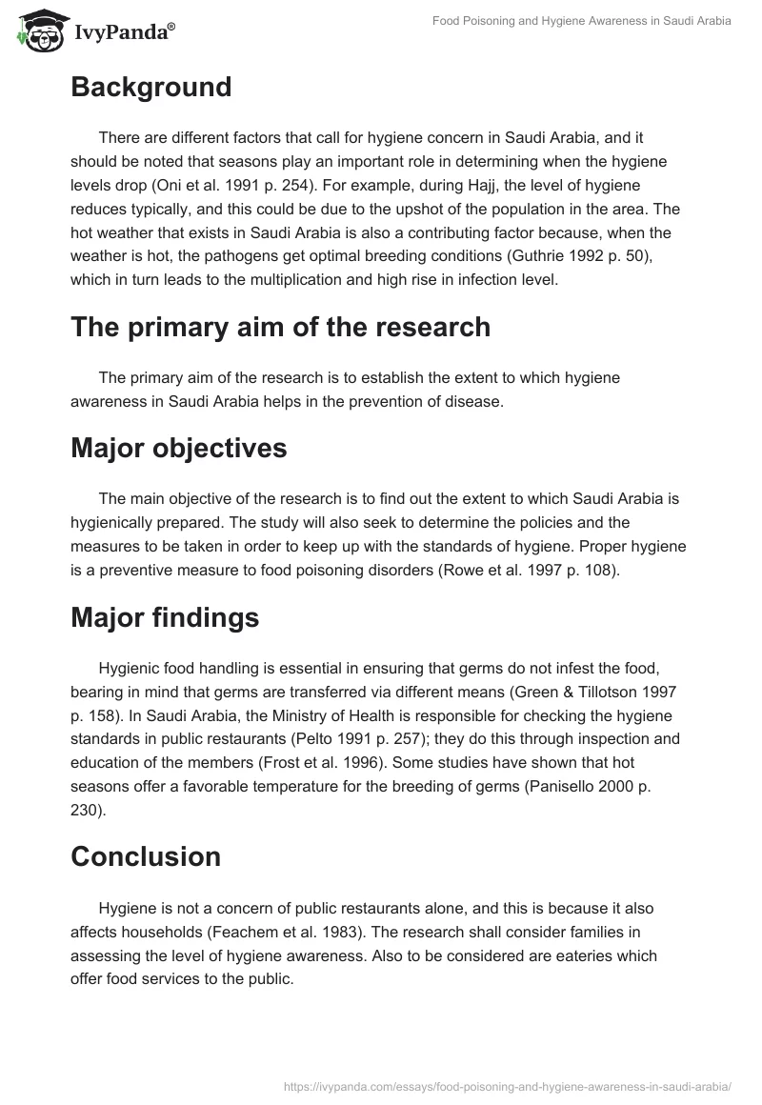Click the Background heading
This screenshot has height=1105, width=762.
150,87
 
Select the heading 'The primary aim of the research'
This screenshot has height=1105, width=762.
280,327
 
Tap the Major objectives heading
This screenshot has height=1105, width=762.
178,448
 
